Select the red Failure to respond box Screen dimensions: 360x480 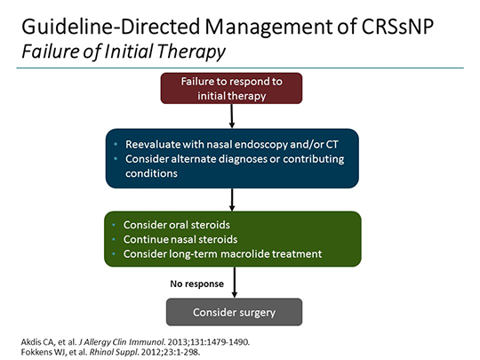tap(231, 88)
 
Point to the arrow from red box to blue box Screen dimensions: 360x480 tap(232, 116)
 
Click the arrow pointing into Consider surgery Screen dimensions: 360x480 tap(232, 284)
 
